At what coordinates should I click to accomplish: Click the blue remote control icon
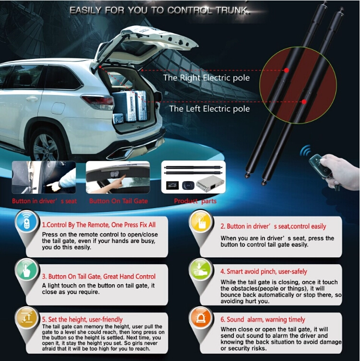[27, 222]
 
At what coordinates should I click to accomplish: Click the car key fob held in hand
[319, 165]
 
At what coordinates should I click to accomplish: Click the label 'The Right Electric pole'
[206, 78]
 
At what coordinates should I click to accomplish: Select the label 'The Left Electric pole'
[209, 109]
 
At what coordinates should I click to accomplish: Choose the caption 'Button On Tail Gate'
[119, 201]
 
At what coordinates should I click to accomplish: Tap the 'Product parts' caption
[195, 201]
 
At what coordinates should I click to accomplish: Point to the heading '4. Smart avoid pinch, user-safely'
[264, 272]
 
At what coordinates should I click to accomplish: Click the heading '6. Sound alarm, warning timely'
[263, 320]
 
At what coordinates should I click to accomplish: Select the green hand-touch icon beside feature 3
[27, 270]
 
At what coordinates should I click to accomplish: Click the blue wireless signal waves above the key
[305, 151]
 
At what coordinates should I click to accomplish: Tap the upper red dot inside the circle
[287, 70]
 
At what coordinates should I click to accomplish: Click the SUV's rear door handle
[32, 99]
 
